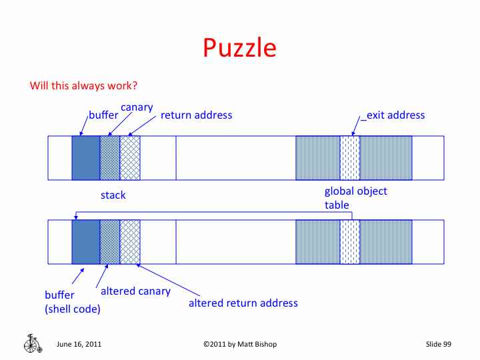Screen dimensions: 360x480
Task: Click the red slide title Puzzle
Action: tap(239, 48)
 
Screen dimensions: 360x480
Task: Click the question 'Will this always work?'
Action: tap(83, 86)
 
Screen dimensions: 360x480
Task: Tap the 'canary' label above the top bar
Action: tap(137, 107)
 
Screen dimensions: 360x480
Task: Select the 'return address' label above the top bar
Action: tap(196, 115)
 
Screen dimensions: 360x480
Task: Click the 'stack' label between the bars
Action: tap(113, 195)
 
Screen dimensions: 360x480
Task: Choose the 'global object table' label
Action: tap(355, 198)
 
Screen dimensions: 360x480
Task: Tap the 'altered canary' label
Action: tap(135, 291)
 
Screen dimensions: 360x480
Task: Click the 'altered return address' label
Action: tap(243, 303)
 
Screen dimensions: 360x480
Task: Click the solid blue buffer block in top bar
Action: tap(86, 158)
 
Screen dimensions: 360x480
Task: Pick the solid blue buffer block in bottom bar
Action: tap(86, 241)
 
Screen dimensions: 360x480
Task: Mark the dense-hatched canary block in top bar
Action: tap(110, 158)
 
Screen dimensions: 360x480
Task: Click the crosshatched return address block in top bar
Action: tap(130, 158)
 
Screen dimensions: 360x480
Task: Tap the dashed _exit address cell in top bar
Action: tap(350, 158)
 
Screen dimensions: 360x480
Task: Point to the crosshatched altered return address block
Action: tap(130, 241)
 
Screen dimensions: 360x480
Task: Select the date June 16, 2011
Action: tap(79, 344)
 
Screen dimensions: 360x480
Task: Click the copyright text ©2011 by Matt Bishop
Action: tap(240, 344)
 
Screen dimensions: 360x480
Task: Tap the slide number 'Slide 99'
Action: tap(439, 344)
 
